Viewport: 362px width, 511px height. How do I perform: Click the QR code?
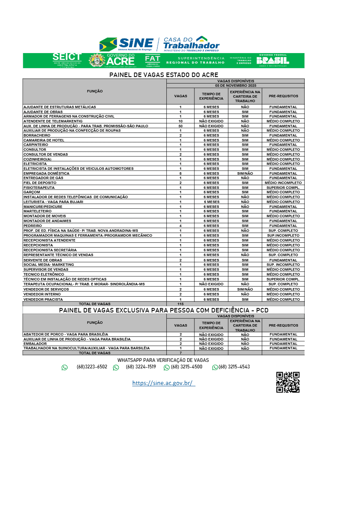click(288, 382)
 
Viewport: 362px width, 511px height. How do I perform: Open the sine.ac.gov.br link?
click(164, 383)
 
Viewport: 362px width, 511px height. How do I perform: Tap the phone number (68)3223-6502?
click(92, 367)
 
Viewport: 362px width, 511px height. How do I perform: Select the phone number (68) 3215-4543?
click(234, 367)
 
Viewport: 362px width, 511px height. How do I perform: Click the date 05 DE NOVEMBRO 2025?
click(235, 86)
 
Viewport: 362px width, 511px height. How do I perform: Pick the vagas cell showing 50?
click(181, 126)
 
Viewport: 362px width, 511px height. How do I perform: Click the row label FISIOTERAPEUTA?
click(39, 188)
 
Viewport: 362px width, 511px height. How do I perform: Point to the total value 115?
click(181, 304)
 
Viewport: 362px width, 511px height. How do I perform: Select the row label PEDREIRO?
click(32, 226)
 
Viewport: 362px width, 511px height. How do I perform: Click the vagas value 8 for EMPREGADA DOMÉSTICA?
click(181, 173)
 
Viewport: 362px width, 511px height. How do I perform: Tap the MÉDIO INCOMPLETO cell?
click(283, 183)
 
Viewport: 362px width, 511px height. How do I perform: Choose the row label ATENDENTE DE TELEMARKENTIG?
click(53, 121)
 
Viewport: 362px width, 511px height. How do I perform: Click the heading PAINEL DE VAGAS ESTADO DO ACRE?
click(164, 75)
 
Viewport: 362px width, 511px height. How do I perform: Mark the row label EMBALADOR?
click(35, 344)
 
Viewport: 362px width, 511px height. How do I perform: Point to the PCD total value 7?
click(181, 353)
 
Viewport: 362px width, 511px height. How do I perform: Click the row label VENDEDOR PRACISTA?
click(43, 299)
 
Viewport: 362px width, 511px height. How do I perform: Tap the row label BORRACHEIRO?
click(37, 135)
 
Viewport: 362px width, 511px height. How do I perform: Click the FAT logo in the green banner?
click(153, 60)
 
